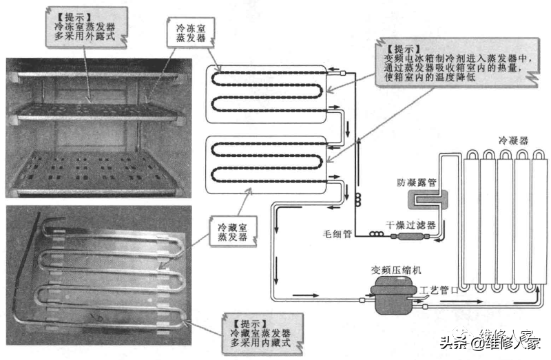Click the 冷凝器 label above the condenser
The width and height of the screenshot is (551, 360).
(x=514, y=140)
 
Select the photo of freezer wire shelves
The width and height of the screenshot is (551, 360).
(x=96, y=127)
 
